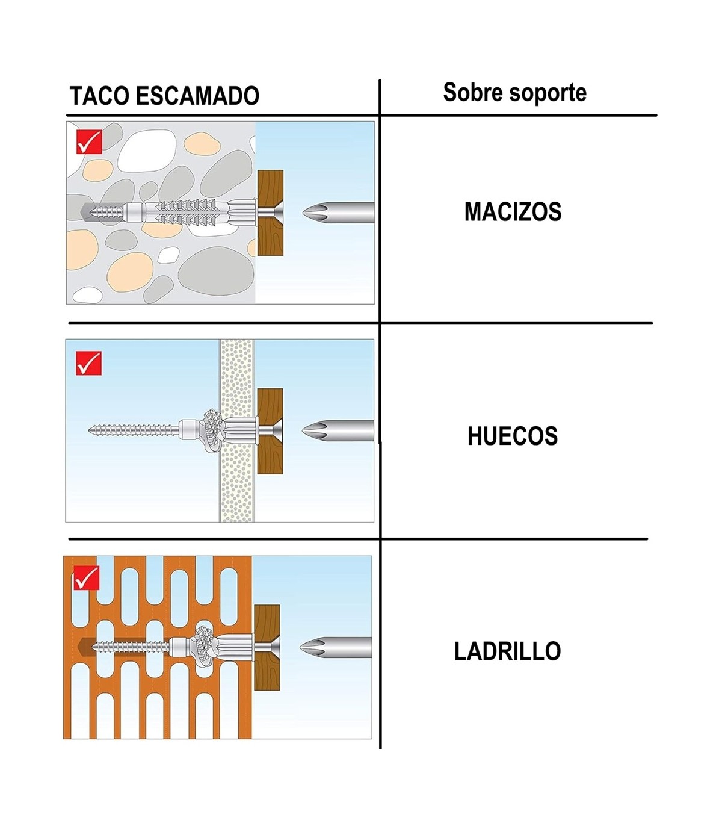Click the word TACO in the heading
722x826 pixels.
click(x=99, y=96)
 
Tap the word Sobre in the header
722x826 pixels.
click(x=472, y=92)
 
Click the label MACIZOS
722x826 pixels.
click(x=513, y=212)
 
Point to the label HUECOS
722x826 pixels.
click(x=513, y=436)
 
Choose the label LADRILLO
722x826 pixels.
click(x=507, y=651)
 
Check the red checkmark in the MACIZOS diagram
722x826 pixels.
click(x=89, y=141)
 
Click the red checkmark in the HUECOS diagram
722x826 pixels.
click(x=88, y=363)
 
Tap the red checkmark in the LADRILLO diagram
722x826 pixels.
click(x=86, y=577)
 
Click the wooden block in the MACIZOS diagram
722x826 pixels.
click(x=270, y=213)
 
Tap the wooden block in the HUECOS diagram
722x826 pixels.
click(x=270, y=431)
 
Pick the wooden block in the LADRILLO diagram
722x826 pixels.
click(x=267, y=647)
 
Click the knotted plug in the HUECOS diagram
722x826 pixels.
click(x=213, y=430)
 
